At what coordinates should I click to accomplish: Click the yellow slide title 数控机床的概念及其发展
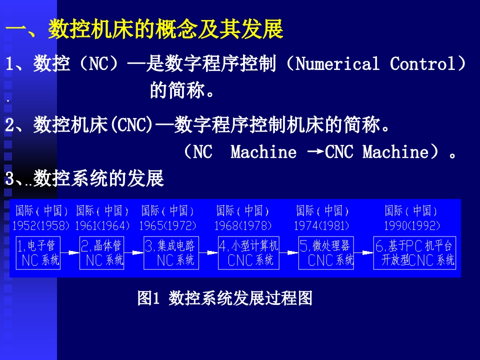[165, 29]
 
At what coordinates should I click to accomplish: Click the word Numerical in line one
[337, 63]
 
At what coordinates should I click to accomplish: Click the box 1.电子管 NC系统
[38, 253]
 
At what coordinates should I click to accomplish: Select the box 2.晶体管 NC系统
[101, 253]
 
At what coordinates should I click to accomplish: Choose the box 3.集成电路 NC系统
[171, 253]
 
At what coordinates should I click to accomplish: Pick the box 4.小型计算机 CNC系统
[248, 253]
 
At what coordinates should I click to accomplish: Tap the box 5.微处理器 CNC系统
[326, 253]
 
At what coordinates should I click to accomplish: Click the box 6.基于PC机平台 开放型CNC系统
[414, 253]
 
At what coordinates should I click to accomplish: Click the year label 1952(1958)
[41, 226]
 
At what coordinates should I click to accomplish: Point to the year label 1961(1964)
[102, 226]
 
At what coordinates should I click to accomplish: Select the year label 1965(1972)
[167, 226]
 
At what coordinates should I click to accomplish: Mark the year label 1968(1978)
[243, 226]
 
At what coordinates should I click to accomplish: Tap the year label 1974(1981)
[321, 226]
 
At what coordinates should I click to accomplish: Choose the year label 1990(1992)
[411, 226]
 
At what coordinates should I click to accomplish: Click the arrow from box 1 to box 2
[70, 253]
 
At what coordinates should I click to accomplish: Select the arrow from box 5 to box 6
[363, 253]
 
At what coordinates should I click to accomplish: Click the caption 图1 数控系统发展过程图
[224, 298]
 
